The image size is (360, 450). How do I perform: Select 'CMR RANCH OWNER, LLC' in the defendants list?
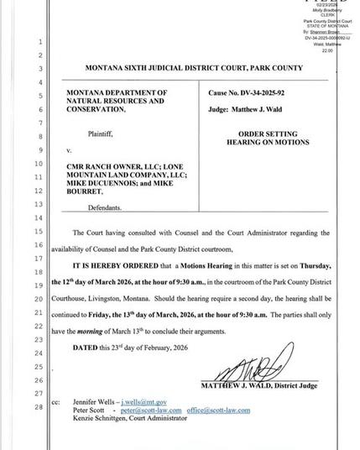click(107, 167)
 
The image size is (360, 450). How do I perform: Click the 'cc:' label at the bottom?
click(55, 403)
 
